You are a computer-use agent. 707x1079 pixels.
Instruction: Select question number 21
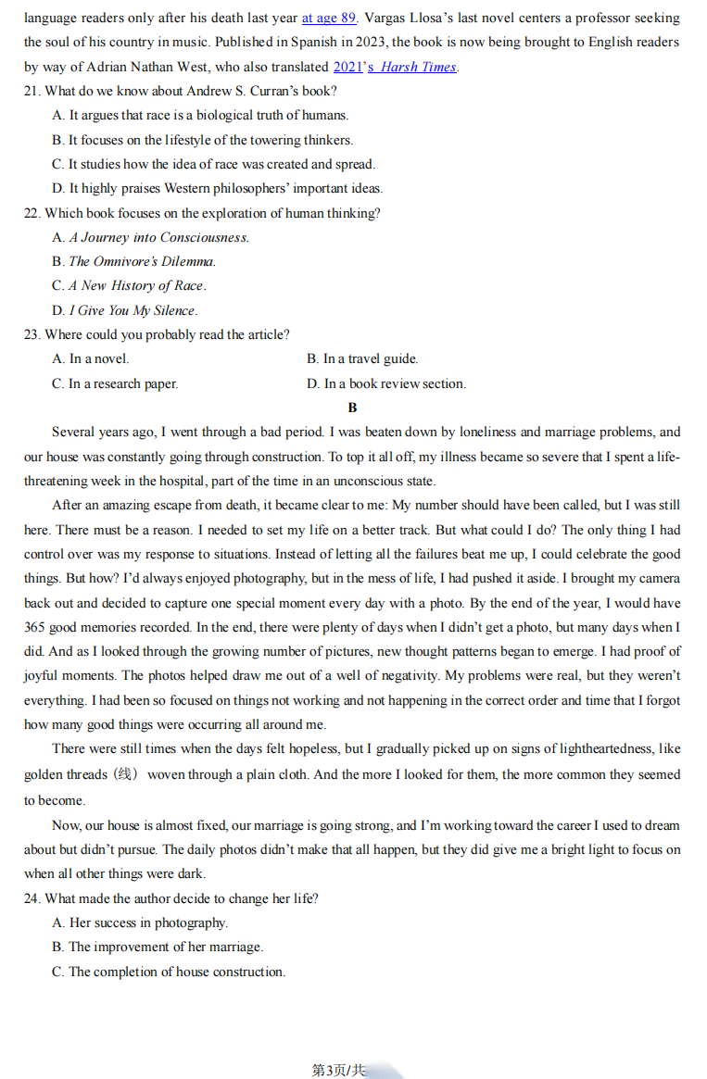click(32, 91)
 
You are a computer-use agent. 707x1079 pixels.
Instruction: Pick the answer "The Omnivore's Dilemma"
click(142, 261)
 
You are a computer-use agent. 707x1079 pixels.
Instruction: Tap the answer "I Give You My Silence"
click(133, 310)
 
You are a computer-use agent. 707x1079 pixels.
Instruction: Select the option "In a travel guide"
click(362, 358)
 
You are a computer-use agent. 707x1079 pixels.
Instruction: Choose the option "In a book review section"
click(386, 383)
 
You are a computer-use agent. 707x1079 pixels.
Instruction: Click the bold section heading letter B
click(352, 408)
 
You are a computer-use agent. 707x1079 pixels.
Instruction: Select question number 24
click(32, 898)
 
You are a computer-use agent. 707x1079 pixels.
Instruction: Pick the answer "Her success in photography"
click(148, 922)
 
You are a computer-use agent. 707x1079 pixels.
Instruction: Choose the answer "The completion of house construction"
click(176, 972)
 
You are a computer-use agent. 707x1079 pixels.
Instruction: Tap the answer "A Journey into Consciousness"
click(158, 237)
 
